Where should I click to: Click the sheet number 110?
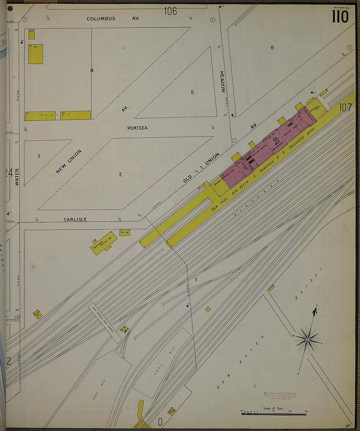tap(340, 16)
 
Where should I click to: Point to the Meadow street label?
tap(222, 82)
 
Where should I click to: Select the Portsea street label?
tap(137, 128)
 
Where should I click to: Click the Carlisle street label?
tap(75, 219)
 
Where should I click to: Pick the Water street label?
tap(17, 177)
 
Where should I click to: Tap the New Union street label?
tap(69, 161)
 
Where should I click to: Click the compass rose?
tap(307, 340)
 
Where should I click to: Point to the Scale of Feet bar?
tap(274, 414)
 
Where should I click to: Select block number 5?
tap(192, 92)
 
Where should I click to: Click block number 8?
tap(272, 47)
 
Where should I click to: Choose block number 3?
tap(39, 156)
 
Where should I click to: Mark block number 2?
tap(120, 174)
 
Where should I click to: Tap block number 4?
tap(92, 70)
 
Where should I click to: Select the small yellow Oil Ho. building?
tap(125, 233)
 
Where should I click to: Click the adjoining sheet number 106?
tap(170, 11)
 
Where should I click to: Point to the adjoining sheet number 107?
tap(345, 107)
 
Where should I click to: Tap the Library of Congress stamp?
tap(280, 396)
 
